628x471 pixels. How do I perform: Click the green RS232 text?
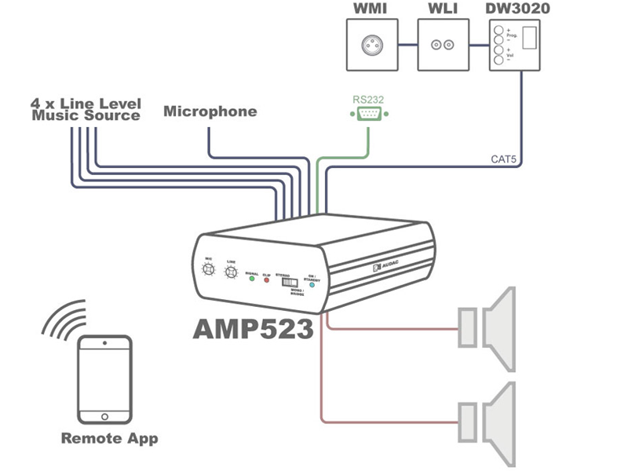(x=367, y=100)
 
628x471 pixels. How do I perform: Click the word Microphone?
(x=210, y=111)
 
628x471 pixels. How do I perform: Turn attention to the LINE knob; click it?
(x=231, y=273)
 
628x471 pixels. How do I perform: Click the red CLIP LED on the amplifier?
(x=267, y=280)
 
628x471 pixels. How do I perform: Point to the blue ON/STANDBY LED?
(x=312, y=286)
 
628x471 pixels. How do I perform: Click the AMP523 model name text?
(x=253, y=329)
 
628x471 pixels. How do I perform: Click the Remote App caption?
(x=109, y=438)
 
